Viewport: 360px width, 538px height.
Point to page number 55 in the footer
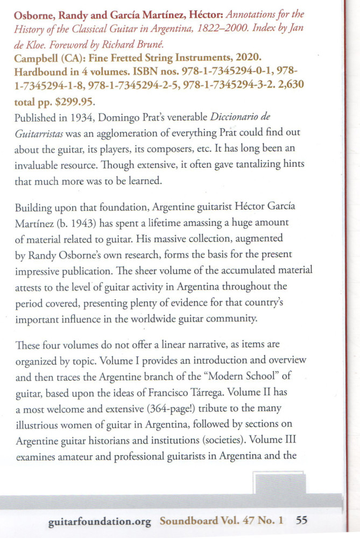click(301, 521)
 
